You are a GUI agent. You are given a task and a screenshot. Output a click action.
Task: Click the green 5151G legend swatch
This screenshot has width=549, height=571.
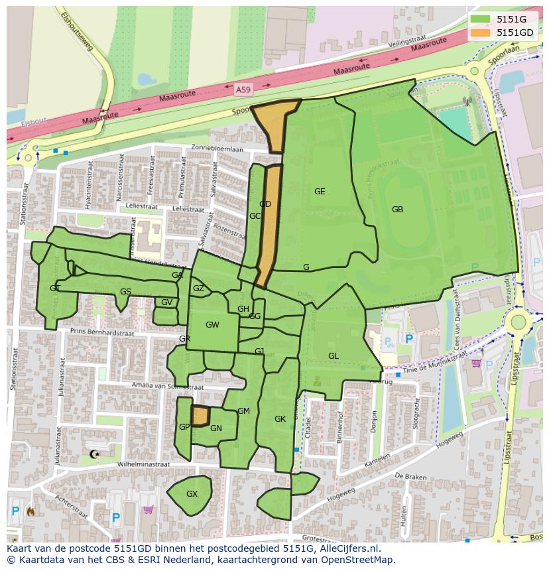(x=481, y=19)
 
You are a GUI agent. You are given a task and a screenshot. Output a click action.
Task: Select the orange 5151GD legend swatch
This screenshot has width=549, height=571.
(x=481, y=32)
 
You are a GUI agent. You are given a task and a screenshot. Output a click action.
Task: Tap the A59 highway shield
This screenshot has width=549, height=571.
(x=243, y=88)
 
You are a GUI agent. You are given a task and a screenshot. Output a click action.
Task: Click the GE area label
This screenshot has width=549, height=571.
(x=320, y=192)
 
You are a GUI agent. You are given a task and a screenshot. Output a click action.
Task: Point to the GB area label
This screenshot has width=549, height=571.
(x=397, y=210)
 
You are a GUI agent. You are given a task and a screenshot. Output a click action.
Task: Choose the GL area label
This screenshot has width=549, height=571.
(x=333, y=356)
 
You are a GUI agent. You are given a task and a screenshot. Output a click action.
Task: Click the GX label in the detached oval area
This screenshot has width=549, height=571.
(x=192, y=494)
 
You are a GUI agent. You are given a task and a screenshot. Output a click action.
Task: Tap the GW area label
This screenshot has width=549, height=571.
(x=212, y=325)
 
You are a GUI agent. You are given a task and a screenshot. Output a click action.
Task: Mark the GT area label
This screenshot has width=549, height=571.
(x=54, y=288)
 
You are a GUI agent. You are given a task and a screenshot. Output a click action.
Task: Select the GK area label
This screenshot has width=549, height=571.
(x=280, y=419)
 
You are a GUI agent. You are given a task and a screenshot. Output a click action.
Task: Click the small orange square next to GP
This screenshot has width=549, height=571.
(x=200, y=416)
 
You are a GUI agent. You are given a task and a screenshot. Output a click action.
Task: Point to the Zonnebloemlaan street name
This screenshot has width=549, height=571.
(x=217, y=149)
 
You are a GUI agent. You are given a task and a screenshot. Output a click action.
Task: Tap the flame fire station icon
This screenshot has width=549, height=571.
(x=30, y=511)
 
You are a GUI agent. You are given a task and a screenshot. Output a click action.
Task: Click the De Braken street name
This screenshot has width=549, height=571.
(x=409, y=476)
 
